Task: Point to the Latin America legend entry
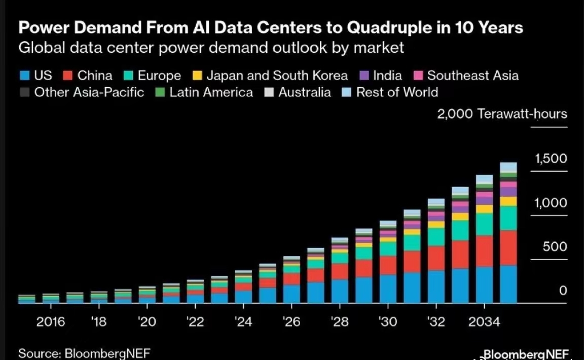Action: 211,92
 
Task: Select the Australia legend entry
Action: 305,92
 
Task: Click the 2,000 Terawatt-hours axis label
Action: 502,114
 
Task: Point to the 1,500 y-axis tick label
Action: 551,159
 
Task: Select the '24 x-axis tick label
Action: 243,322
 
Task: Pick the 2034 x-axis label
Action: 484,322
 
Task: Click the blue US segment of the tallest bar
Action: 508,284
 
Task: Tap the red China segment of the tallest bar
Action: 508,247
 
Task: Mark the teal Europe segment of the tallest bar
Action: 508,218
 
